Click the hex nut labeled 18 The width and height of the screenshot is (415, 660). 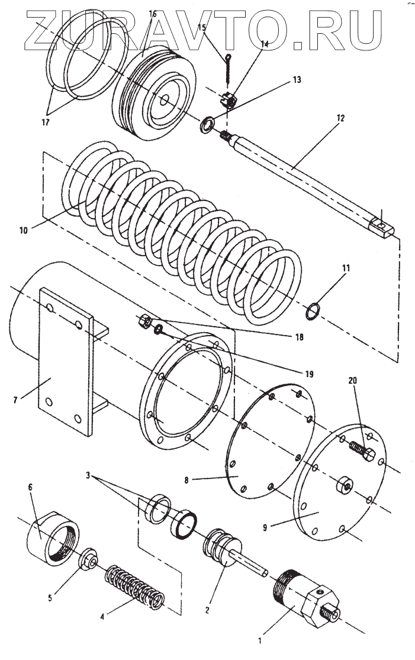tap(143, 322)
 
